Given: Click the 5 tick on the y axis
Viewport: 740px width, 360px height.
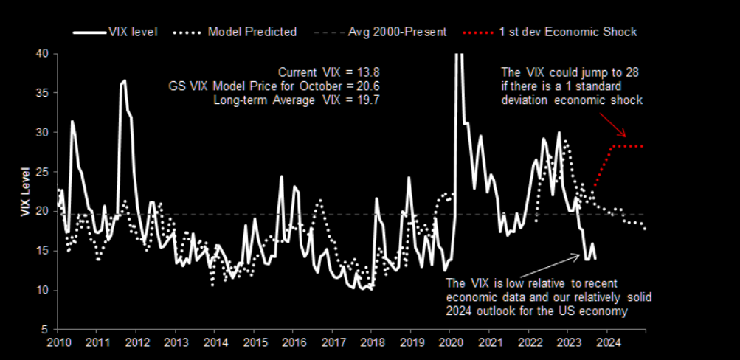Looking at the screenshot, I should [x=46, y=329].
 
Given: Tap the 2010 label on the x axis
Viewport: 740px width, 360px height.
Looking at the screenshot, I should [x=58, y=343].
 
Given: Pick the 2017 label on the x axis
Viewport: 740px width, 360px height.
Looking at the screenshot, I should [x=333, y=343].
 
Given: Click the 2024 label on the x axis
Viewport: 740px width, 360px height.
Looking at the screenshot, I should [x=607, y=343].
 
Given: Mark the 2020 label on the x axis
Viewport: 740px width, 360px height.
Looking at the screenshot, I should [x=450, y=343].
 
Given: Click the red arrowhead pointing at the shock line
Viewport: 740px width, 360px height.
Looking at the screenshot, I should [x=624, y=136].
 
